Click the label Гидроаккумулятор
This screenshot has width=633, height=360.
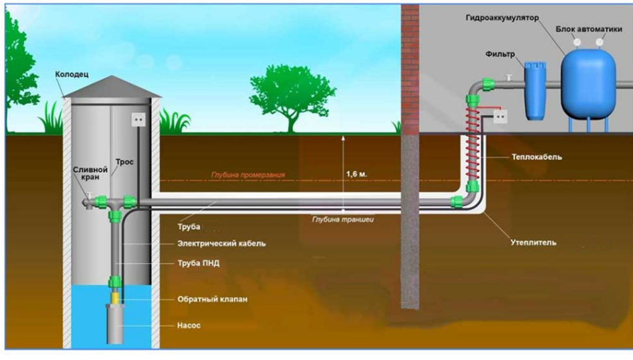502,19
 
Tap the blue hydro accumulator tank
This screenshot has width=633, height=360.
589,84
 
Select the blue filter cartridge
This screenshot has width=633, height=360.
536,91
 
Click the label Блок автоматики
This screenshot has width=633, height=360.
589,29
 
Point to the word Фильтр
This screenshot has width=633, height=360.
500,54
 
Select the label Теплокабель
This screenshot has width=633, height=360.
537,157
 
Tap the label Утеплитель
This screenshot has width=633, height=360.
534,242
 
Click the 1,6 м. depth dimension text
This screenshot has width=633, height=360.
356,174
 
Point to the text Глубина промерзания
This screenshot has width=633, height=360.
248,175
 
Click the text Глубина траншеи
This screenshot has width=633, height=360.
342,220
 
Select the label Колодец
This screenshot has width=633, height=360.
72,75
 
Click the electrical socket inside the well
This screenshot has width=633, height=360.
138,120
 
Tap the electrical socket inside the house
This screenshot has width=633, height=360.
500,116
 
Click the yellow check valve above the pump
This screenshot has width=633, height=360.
115,299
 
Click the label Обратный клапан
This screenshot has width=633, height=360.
213,300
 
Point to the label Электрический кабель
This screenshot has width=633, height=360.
222,244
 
